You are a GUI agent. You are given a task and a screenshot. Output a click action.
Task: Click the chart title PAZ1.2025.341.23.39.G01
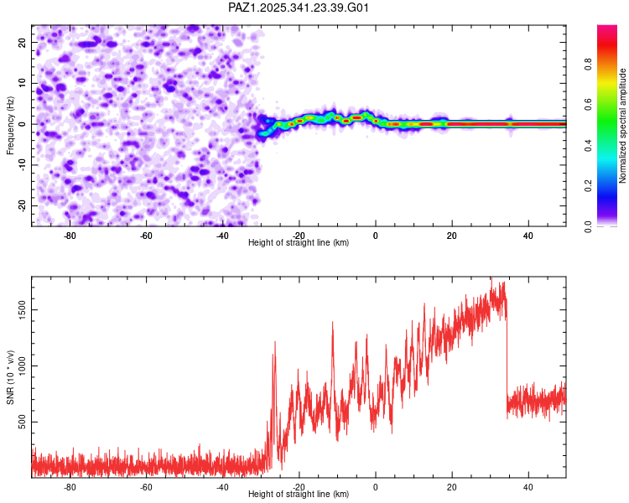299,8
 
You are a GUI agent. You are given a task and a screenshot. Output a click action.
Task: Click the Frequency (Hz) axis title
11,124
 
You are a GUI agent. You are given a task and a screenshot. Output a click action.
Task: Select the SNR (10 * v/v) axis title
11,376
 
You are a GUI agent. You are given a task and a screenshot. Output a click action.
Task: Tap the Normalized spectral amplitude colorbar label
623,126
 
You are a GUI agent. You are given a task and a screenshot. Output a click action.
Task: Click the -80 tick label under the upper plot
70,235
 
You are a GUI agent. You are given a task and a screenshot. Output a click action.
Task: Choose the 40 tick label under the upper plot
528,235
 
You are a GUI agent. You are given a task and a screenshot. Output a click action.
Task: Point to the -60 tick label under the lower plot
146,486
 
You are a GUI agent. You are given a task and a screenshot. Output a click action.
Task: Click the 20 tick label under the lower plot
452,486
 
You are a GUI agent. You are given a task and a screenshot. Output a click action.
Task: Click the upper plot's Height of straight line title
299,242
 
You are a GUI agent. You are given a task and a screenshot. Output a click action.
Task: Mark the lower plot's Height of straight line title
299,494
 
